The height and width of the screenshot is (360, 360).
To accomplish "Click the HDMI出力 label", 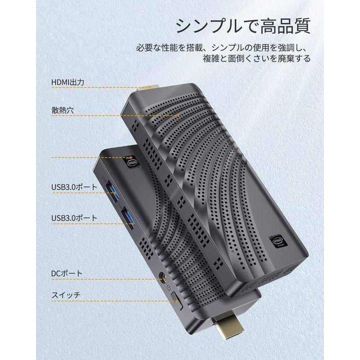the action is click(67, 82).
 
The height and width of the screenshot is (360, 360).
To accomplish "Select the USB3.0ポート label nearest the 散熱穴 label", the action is click(74, 187).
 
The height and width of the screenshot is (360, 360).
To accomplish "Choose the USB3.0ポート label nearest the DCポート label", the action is click(74, 218).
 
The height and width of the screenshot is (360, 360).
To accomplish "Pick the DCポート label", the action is click(67, 273).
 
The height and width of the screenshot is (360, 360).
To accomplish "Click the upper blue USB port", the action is click(112, 189).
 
